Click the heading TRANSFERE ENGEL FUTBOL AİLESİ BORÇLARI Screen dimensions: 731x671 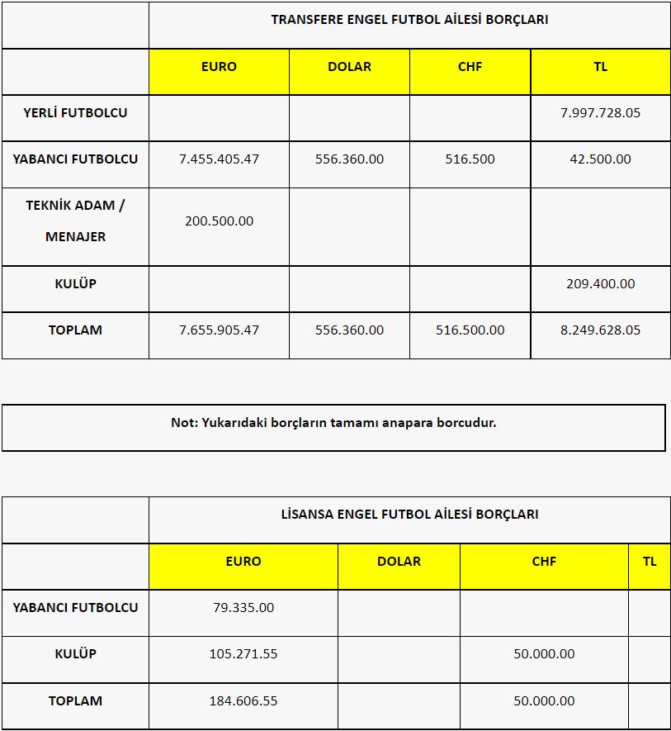409,20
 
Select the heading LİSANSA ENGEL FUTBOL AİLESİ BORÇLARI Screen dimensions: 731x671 409,515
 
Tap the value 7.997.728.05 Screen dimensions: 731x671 600,112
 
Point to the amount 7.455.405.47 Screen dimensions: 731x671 219,159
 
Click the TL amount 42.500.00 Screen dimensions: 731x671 600,159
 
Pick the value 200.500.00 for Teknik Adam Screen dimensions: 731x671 219,221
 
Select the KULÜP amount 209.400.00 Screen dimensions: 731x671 600,283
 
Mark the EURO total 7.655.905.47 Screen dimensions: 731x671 219,330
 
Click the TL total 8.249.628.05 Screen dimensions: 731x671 600,330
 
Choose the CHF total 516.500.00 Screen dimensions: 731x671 470,330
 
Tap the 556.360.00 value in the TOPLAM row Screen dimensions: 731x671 349,330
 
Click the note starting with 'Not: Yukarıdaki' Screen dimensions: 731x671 333,423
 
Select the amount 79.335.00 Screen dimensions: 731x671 243,607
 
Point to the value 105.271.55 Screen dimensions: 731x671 243,653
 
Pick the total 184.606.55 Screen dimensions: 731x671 243,700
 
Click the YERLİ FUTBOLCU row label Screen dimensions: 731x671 75,112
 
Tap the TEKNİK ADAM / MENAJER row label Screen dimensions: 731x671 75,221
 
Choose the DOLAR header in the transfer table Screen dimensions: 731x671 349,66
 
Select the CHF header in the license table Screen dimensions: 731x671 544,561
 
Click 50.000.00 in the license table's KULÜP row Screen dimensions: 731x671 544,653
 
